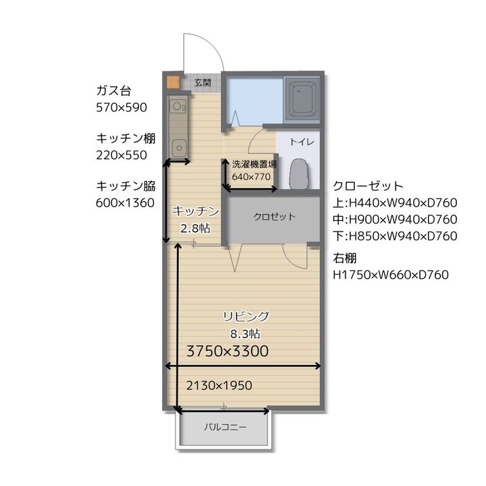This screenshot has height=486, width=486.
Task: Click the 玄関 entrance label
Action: (202, 82)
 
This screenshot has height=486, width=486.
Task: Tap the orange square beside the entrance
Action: (173, 82)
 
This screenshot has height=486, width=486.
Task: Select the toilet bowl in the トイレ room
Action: (299, 174)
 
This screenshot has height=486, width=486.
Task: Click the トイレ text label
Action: (302, 142)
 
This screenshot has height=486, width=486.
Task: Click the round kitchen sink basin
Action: (179, 148)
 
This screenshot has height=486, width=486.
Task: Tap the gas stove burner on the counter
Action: (178, 107)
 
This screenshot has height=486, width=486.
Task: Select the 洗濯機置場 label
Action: (254, 164)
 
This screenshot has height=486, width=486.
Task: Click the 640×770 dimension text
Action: (251, 177)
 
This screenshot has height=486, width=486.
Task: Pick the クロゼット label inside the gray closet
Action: (274, 217)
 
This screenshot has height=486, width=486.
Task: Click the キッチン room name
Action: (196, 211)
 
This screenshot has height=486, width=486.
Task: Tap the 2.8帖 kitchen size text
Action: (195, 229)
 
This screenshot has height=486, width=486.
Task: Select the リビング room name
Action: (246, 317)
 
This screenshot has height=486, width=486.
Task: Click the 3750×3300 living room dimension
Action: (227, 351)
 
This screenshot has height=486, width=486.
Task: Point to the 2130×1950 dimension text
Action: (219, 385)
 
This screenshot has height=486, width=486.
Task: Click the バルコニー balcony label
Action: (225, 427)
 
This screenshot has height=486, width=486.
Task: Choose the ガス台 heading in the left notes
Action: (114, 91)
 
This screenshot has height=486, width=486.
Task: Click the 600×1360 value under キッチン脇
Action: (126, 203)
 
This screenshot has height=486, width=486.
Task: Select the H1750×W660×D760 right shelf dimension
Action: (391, 275)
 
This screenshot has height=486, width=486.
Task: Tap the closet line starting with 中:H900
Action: (395, 219)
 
